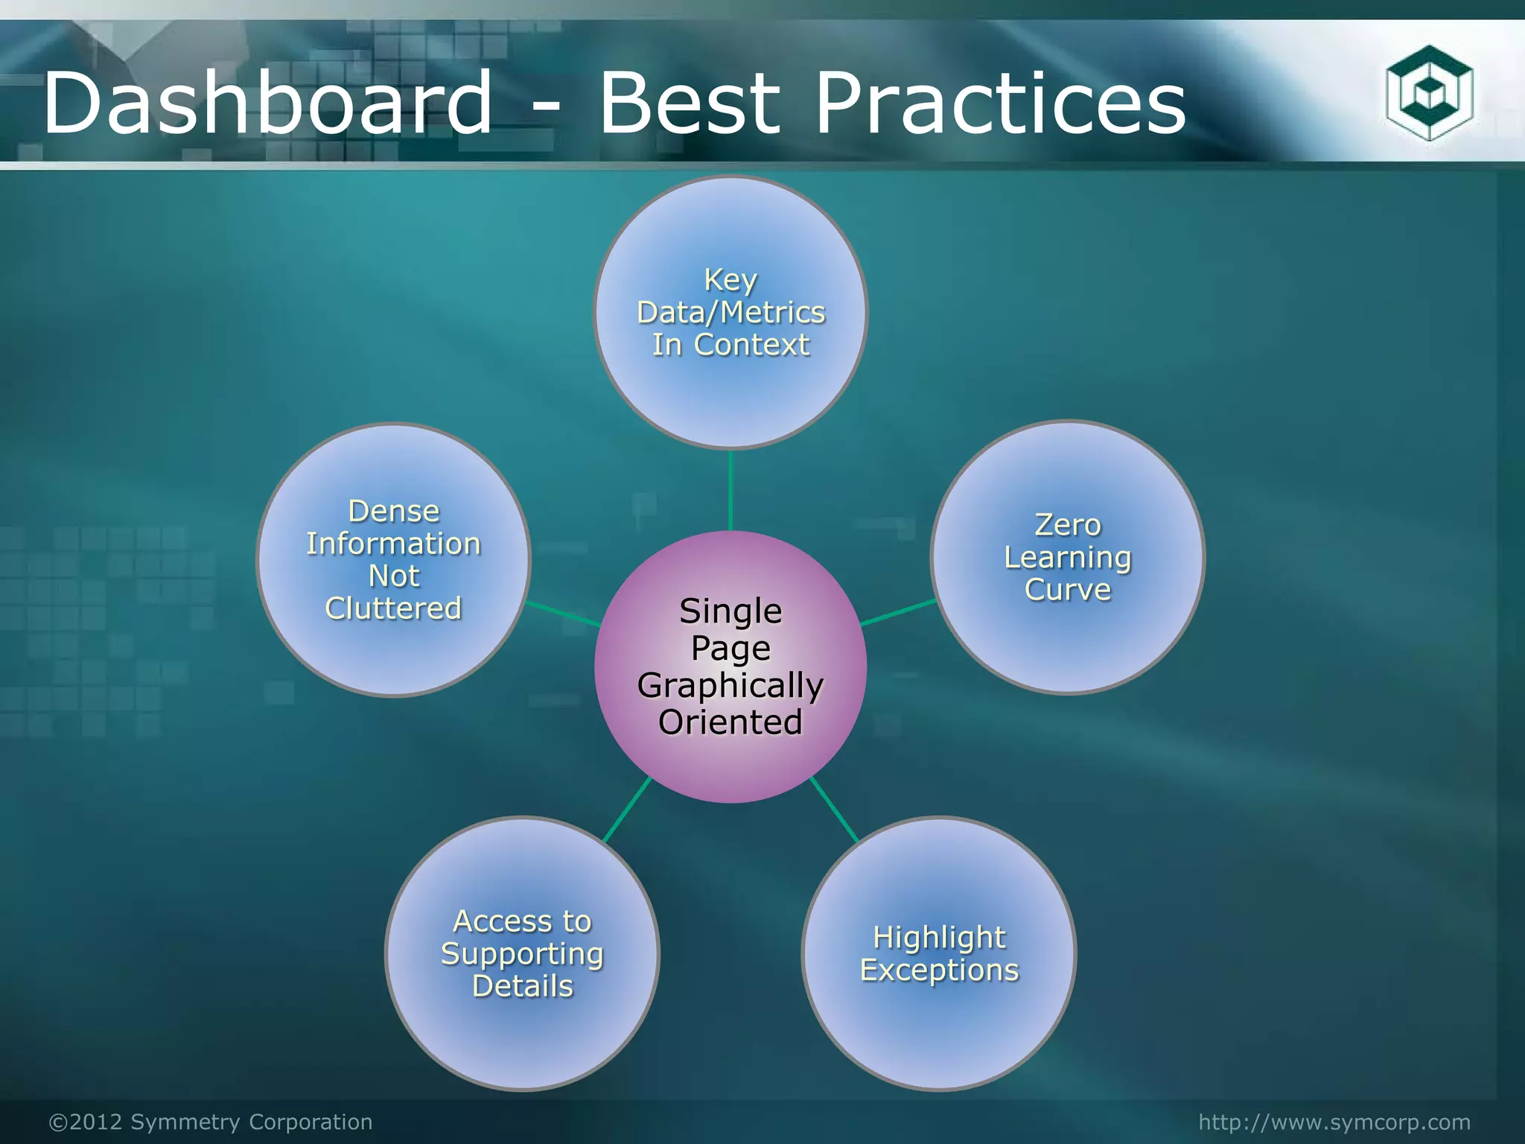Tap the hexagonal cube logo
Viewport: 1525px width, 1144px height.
click(1429, 92)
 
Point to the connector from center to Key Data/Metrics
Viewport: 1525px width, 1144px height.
click(730, 490)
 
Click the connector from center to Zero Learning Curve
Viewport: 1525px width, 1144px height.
click(898, 612)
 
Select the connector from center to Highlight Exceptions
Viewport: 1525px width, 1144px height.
click(834, 810)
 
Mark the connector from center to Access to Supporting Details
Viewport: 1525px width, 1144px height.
click(627, 810)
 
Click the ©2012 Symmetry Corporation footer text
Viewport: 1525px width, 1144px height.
click(211, 1122)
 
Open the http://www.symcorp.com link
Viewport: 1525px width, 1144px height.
click(1334, 1122)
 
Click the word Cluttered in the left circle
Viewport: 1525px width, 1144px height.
click(394, 608)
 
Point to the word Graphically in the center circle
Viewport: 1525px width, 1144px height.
click(730, 685)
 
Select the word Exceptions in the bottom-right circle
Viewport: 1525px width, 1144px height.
click(939, 970)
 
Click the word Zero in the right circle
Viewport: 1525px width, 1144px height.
click(1068, 525)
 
